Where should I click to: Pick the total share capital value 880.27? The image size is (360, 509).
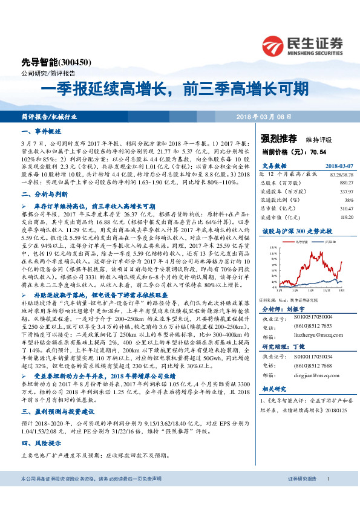click(x=342, y=181)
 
